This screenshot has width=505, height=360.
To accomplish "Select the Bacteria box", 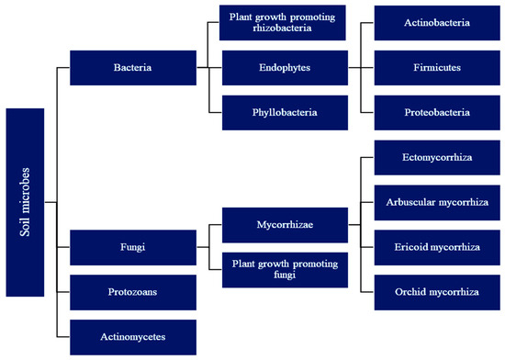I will [x=132, y=68].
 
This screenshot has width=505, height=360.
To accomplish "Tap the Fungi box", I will [x=132, y=247].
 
